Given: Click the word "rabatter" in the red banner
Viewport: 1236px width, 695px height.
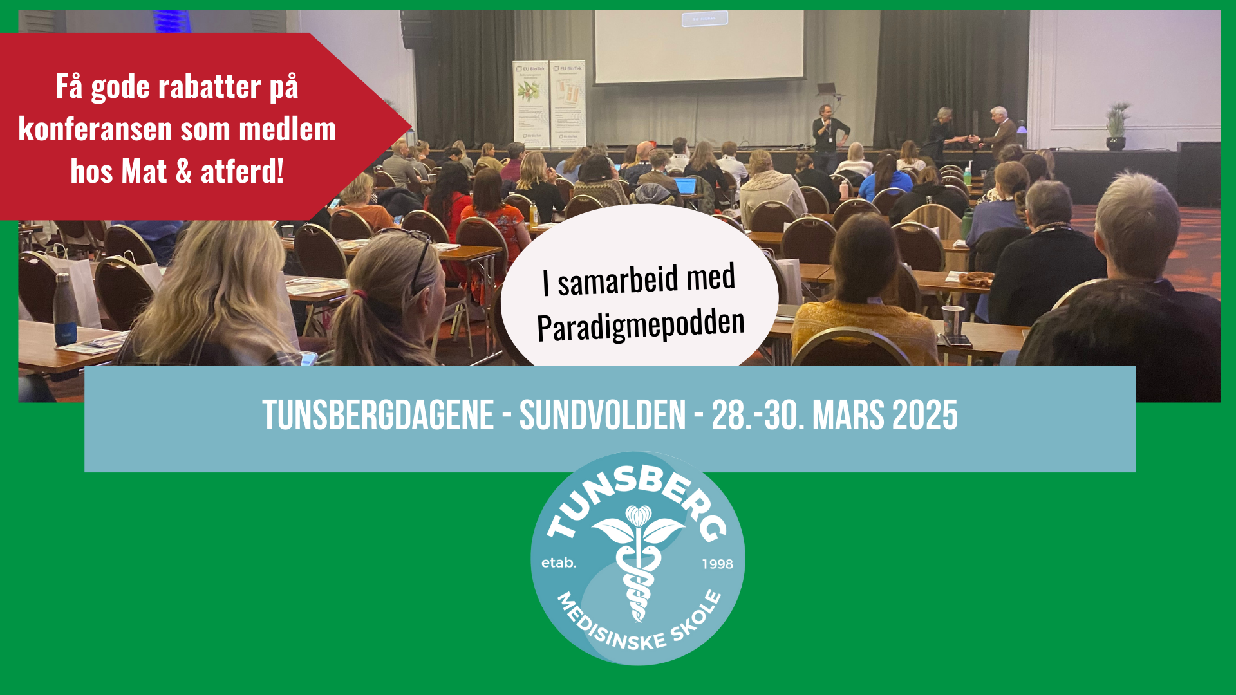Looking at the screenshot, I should click(209, 87).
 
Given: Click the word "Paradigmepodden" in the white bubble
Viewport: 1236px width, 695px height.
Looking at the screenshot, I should click(641, 325).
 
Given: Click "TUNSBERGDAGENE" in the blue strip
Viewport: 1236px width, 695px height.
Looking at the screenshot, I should click(378, 416).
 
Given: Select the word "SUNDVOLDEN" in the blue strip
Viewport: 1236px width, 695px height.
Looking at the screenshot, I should click(603, 416).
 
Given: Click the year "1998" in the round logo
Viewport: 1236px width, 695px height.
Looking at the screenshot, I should click(717, 564).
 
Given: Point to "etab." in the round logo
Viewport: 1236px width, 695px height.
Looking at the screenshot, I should click(558, 563).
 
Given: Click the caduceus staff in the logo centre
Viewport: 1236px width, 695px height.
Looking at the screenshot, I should click(638, 566).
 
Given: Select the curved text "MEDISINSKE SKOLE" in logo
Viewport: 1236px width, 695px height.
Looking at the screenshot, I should click(637, 627).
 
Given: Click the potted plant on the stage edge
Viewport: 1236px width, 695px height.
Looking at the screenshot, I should click(1117, 125).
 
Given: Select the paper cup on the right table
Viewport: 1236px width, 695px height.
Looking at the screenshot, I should click(952, 320).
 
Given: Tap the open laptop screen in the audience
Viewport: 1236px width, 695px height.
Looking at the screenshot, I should click(686, 186).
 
